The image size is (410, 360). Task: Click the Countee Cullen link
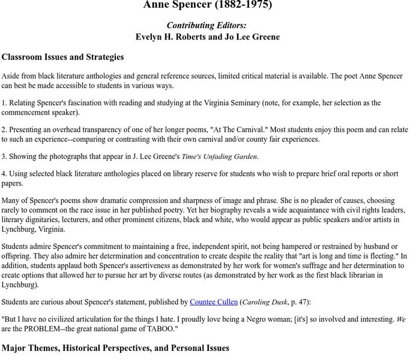(x=214, y=302)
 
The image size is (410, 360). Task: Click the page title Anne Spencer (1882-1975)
(x=207, y=5)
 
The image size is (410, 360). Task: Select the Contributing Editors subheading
(x=207, y=25)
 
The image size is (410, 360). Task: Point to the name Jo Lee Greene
(x=252, y=37)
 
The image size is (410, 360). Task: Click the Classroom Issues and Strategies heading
(x=63, y=58)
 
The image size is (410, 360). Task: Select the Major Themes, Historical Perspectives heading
(x=115, y=348)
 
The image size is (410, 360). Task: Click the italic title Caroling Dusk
(x=264, y=302)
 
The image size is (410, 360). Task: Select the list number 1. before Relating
(x=4, y=103)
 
